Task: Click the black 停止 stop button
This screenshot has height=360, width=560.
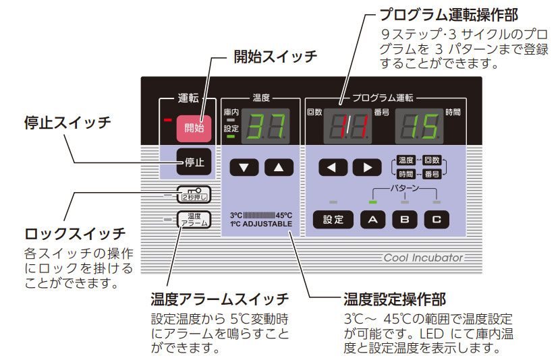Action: [194, 161]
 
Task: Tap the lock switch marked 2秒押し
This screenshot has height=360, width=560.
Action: [194, 196]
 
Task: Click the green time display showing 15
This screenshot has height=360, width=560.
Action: [419, 126]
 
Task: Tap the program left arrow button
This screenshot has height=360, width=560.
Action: [333, 167]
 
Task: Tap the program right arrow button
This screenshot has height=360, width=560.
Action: [367, 167]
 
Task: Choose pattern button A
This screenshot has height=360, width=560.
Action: [373, 219]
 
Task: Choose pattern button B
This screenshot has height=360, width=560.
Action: [405, 219]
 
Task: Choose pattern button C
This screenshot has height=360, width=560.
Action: [437, 219]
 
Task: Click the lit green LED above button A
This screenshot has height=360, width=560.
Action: [373, 202]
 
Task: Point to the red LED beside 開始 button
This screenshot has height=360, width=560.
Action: [168, 121]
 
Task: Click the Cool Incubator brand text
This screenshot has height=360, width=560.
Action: [424, 258]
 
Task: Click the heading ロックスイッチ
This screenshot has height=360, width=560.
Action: [75, 234]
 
